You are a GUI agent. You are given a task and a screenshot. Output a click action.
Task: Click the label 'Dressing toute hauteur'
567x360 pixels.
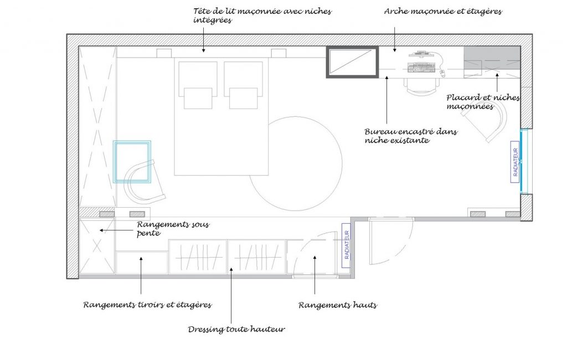[236, 329]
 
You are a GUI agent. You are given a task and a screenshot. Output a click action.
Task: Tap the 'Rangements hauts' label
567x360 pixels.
[338, 305]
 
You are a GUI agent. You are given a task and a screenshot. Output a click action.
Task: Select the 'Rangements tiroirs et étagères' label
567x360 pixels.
[147, 305]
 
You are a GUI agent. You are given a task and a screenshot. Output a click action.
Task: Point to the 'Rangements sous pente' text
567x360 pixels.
[173, 229]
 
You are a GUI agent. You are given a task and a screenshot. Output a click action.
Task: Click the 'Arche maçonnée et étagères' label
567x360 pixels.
[443, 11]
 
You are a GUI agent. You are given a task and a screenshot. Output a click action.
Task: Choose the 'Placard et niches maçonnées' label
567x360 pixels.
[483, 102]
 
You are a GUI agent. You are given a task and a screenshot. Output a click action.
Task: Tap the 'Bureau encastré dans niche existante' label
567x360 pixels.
[411, 136]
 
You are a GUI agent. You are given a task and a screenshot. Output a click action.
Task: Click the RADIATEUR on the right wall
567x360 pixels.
[516, 162]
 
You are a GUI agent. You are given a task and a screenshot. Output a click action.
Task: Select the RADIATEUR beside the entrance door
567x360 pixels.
[347, 245]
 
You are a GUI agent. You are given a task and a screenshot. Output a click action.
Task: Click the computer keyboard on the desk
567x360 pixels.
[421, 68]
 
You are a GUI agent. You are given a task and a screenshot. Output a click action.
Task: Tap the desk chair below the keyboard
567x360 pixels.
[421, 86]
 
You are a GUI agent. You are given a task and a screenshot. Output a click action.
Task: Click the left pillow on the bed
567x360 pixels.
[198, 98]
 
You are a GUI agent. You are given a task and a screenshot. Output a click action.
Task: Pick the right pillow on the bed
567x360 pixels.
[244, 98]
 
